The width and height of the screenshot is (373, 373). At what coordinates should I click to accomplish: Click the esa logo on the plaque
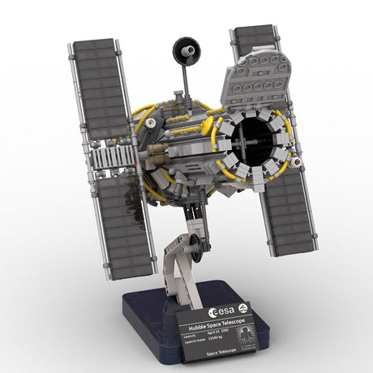[221, 311]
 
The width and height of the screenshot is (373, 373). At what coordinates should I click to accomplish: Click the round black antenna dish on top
[186, 50]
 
